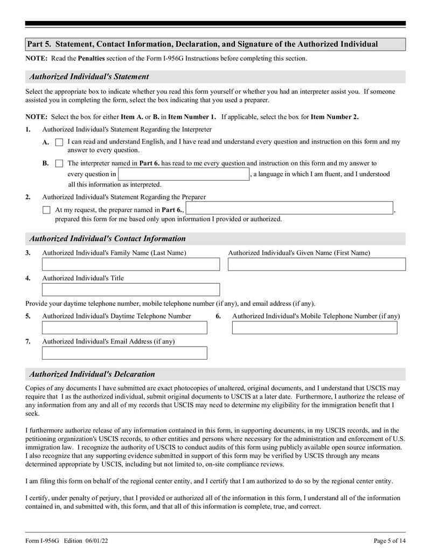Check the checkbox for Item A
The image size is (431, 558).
(59, 142)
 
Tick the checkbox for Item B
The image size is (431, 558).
(59, 163)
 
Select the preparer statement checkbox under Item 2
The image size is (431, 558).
(46, 210)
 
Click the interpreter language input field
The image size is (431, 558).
(183, 174)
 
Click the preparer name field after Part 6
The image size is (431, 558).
(290, 209)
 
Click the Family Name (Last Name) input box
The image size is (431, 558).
(131, 264)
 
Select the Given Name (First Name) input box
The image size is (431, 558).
(316, 264)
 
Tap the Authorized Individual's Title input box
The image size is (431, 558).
(131, 290)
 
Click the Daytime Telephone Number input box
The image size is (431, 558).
(124, 328)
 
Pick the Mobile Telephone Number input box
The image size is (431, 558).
(314, 328)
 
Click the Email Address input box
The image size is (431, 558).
(124, 353)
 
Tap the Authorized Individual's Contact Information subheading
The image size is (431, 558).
(107, 238)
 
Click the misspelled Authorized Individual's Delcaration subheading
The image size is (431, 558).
(92, 374)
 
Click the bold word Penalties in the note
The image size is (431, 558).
(94, 58)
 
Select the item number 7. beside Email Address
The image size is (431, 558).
(28, 341)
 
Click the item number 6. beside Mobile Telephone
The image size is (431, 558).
(218, 316)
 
